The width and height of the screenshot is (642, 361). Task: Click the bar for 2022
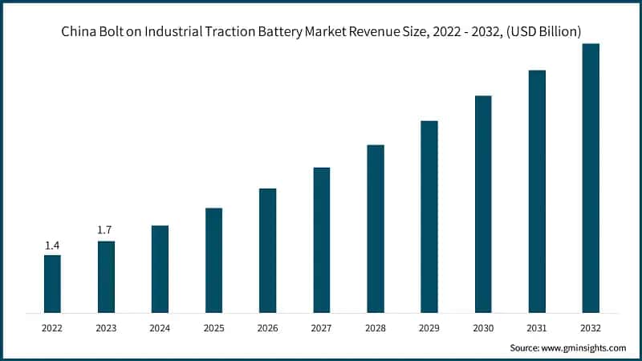click(52, 283)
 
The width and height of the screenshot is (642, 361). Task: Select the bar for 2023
click(106, 276)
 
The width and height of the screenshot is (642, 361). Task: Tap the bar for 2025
click(213, 260)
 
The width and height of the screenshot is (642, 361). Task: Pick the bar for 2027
click(322, 239)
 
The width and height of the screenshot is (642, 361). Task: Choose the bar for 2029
click(429, 217)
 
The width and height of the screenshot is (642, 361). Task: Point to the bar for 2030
click(483, 204)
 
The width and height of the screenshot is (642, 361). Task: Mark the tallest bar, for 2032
click(591, 177)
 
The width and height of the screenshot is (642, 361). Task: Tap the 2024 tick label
click(160, 327)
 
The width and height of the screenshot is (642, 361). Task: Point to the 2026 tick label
click(267, 327)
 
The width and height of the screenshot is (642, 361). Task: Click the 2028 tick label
click(376, 327)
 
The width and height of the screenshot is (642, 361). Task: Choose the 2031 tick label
click(537, 327)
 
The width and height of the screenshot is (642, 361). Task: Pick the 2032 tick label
click(591, 327)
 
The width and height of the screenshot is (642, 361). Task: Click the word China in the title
click(79, 33)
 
